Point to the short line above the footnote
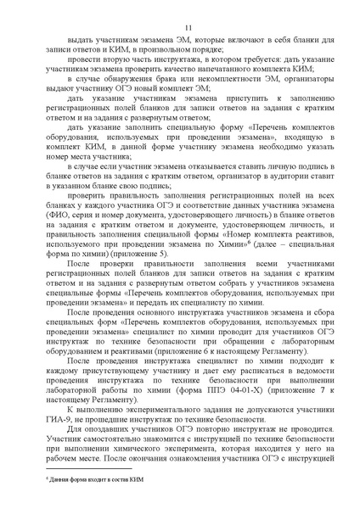point(84,469)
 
